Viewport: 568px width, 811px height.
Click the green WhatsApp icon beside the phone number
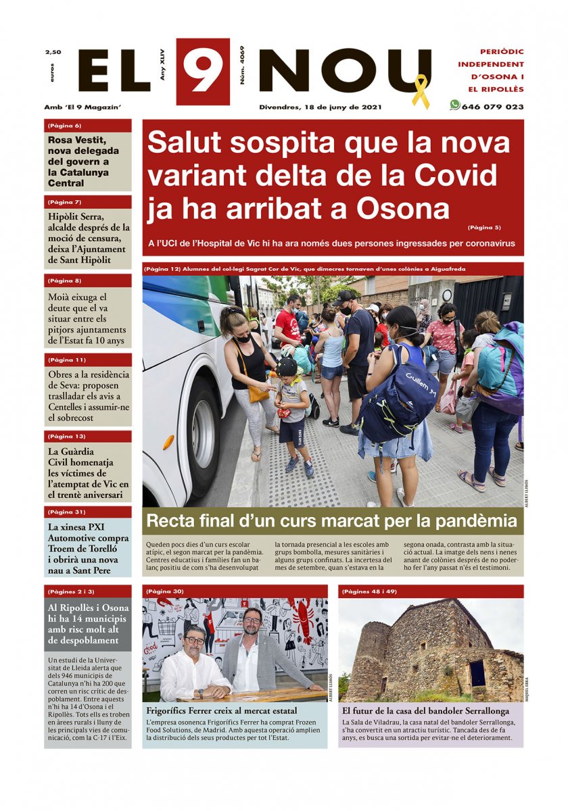[454, 105]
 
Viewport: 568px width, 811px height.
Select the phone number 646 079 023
[492, 107]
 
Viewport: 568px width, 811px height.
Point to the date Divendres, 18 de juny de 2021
[321, 107]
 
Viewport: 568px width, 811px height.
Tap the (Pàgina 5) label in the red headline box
[484, 227]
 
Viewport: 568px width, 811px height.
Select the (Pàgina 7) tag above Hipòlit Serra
[65, 202]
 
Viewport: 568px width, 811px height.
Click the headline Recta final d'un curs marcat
[331, 521]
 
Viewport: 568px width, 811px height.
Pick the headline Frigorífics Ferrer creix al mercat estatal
[222, 711]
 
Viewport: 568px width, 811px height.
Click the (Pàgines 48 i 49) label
[369, 591]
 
